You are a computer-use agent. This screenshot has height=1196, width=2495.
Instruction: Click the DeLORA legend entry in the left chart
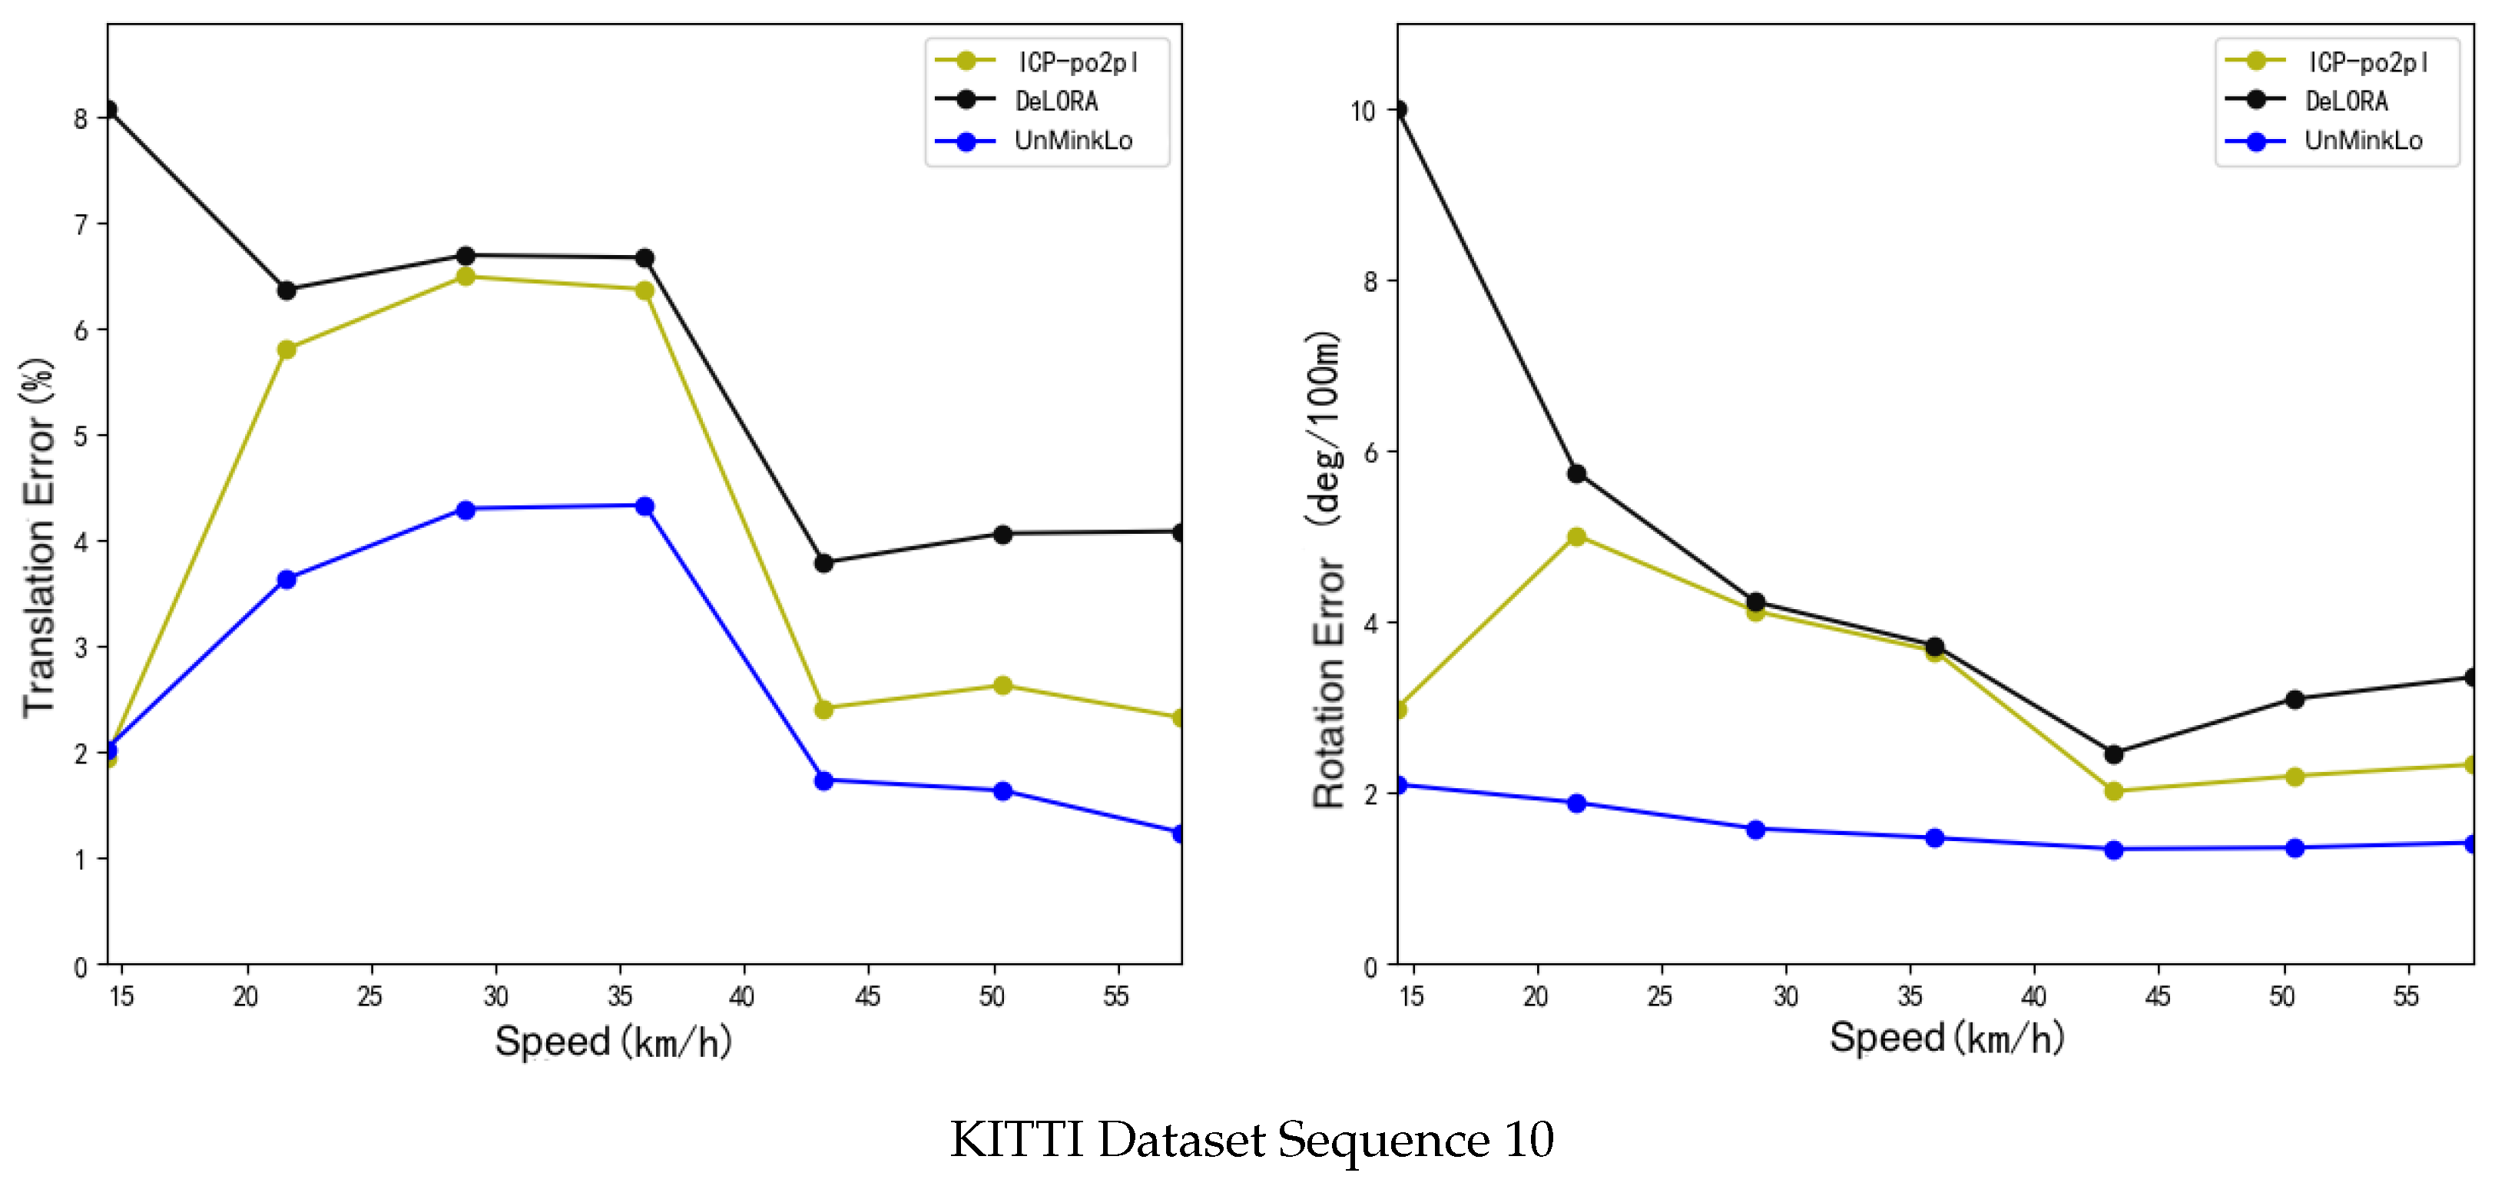1055,101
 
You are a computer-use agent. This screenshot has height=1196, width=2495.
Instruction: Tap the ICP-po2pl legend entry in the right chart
2366,62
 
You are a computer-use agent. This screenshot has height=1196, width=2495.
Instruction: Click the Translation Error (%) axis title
38,538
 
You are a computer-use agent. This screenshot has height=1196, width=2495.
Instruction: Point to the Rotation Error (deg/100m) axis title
1327,571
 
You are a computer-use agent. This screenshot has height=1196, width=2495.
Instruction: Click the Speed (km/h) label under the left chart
612,1041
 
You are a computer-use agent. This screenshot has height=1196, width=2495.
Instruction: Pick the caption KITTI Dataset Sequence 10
1251,1139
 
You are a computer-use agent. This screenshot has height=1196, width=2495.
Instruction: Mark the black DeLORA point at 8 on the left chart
109,109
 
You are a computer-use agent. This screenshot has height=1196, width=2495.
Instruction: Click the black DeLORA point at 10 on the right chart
1397,109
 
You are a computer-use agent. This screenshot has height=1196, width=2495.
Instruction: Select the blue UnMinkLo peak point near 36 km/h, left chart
644,505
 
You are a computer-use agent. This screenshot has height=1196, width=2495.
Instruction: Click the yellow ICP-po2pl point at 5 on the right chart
1576,536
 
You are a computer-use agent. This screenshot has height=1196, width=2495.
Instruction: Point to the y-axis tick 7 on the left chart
81,224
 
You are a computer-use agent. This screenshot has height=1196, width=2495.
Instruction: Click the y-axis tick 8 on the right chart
1370,282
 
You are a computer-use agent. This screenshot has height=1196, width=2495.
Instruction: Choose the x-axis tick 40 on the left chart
742,996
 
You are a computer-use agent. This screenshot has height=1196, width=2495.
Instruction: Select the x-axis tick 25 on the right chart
1659,996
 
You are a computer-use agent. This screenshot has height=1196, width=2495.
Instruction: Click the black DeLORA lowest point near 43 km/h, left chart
823,562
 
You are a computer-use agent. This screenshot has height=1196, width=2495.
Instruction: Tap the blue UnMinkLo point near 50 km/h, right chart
2294,847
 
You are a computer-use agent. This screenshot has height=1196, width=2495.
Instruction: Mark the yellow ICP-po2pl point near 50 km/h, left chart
1002,686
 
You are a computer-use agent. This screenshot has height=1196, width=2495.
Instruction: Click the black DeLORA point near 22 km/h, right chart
1576,473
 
